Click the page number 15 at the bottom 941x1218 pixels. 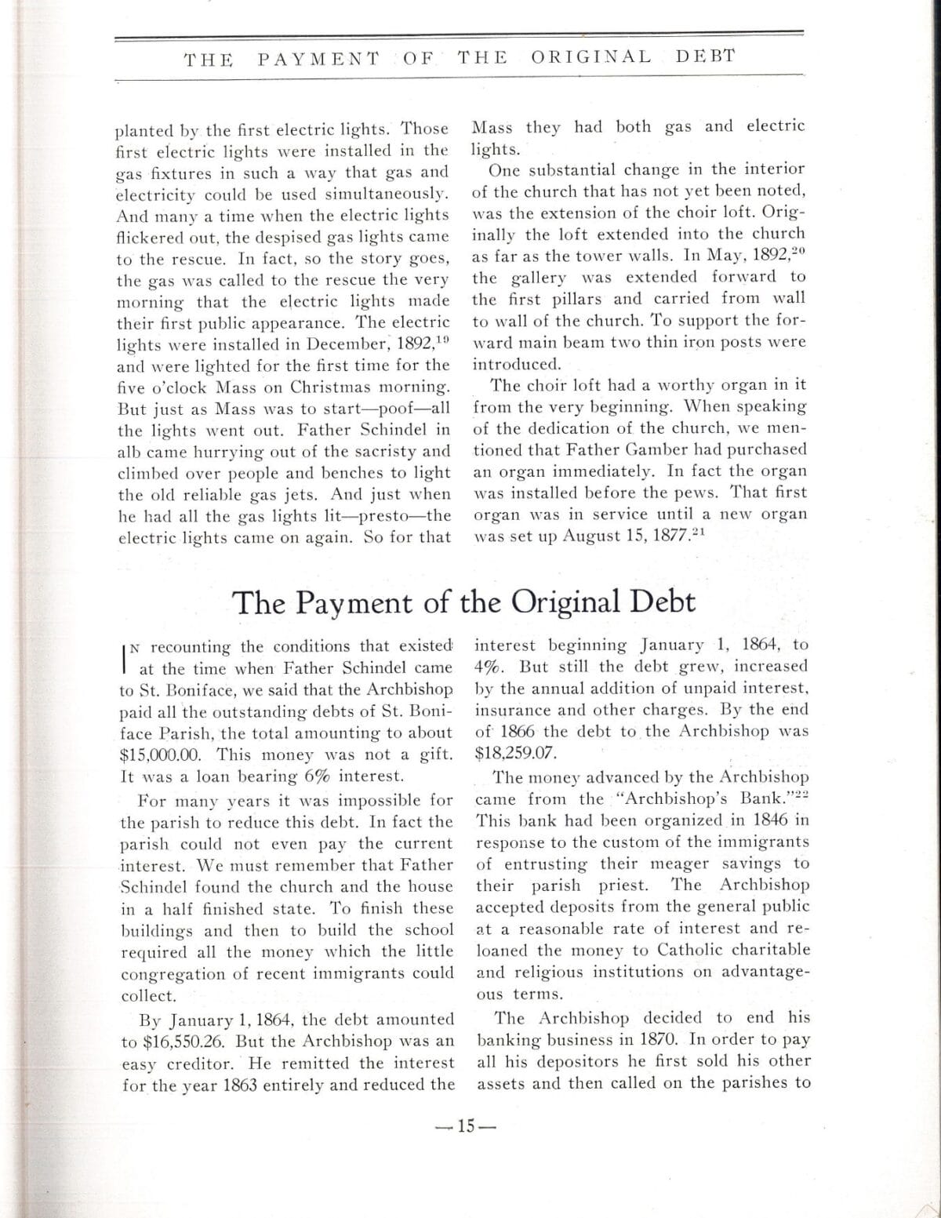(467, 1126)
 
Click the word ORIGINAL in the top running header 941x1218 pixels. (590, 56)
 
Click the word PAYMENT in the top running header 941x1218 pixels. (318, 58)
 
